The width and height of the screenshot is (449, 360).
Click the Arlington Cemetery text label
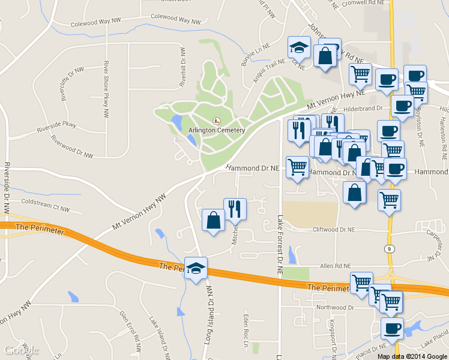pyautogui.click(x=217, y=130)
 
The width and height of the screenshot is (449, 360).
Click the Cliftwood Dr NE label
pyautogui.click(x=334, y=229)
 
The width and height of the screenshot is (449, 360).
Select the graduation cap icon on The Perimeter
pyautogui.click(x=196, y=268)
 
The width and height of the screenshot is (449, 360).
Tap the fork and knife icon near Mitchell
pyautogui.click(x=234, y=208)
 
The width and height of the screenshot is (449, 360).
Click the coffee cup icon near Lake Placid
pyautogui.click(x=393, y=329)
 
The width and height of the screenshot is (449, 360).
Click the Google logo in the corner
pyautogui.click(x=21, y=350)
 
